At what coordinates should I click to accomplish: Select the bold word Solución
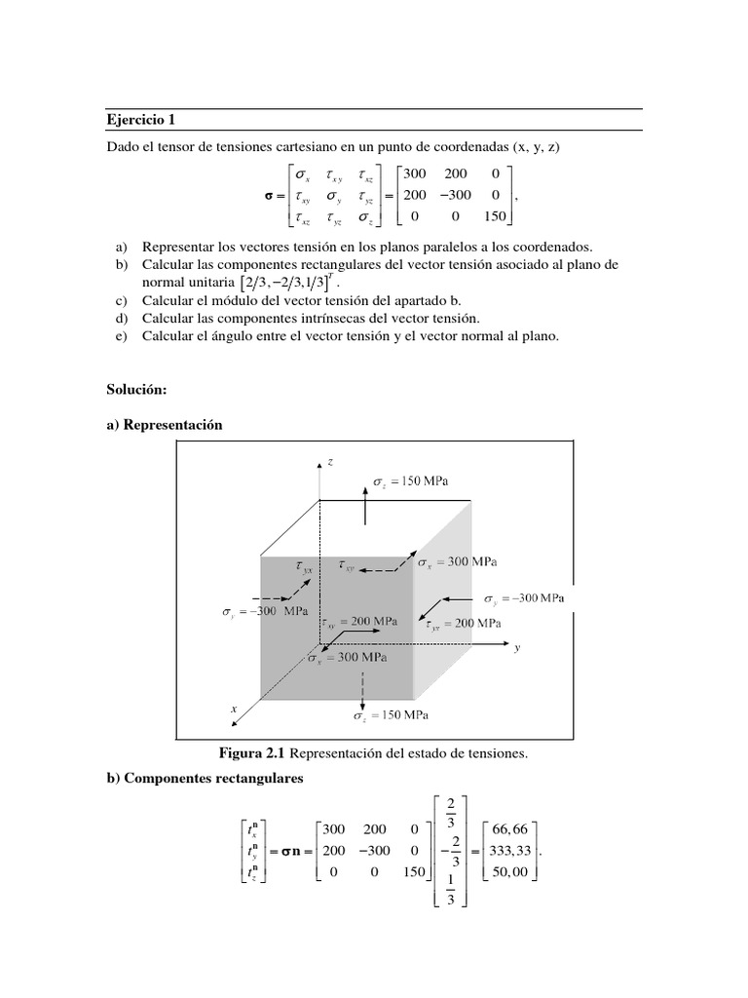coord(137,389)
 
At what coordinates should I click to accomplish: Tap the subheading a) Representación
coord(165,425)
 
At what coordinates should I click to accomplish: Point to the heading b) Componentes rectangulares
coord(206,779)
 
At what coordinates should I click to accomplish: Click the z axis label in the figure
coord(331,461)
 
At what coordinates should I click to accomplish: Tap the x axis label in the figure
coord(234,710)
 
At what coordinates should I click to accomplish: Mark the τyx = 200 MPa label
coord(464,623)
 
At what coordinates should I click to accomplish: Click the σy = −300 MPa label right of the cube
coord(524,596)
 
